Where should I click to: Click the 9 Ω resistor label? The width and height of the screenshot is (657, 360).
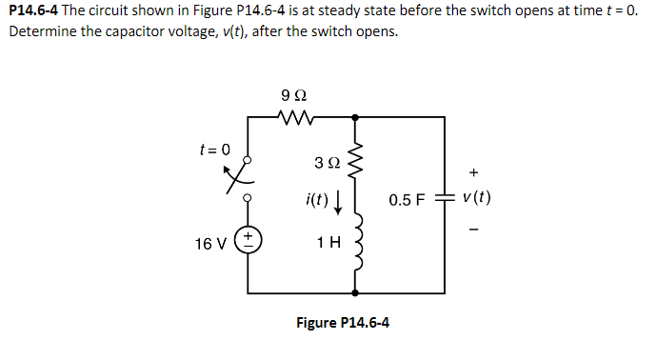pos(294,95)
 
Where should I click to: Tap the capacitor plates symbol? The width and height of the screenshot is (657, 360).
pos(443,200)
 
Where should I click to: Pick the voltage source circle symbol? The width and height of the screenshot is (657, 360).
pos(250,240)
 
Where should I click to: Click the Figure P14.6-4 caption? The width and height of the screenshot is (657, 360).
pos(342,322)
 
